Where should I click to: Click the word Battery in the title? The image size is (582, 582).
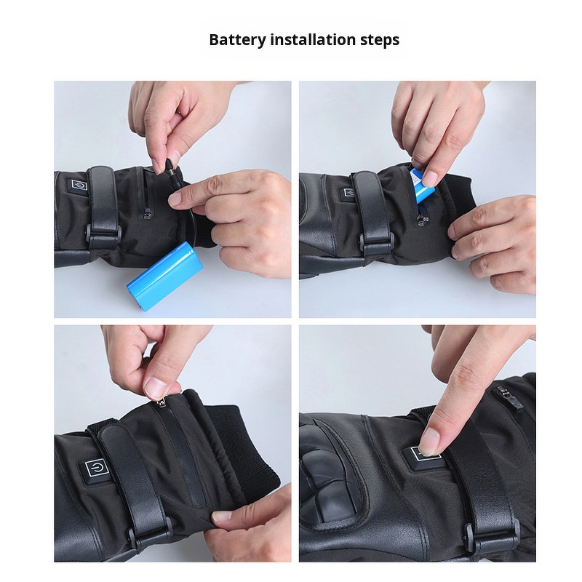[x=236, y=40]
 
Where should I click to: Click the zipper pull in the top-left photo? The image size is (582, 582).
[x=148, y=213]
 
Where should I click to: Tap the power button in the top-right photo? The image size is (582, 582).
[x=349, y=193]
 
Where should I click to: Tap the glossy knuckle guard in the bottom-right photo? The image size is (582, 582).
[x=327, y=473]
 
